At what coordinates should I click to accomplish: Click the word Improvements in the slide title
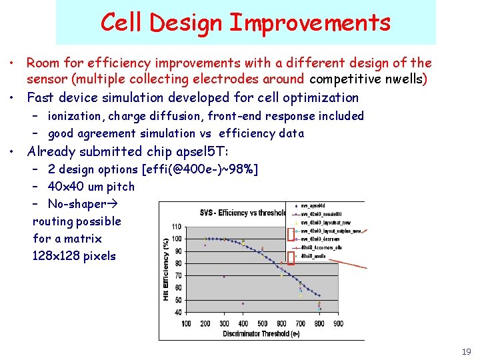309,23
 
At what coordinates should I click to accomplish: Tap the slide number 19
466,351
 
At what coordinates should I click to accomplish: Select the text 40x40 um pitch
91,187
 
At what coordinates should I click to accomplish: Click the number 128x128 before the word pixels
56,256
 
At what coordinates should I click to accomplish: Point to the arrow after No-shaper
114,204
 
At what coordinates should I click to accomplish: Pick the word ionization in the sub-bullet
76,116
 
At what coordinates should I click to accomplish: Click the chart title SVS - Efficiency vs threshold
243,212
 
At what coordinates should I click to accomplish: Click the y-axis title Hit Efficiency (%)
166,270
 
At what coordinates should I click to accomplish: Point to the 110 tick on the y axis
177,227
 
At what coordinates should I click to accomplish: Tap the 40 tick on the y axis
177,312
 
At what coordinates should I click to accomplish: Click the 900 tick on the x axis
339,323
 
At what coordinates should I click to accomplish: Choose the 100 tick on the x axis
187,323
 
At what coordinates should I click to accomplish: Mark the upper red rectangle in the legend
290,233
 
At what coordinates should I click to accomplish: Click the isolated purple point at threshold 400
243,303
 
